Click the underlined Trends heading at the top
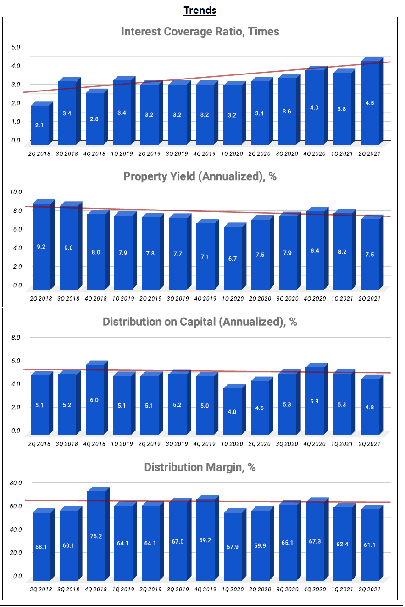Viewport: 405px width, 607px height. [200, 10]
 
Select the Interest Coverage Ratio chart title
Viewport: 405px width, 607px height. [200, 32]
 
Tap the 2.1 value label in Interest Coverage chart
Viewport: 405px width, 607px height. [39, 125]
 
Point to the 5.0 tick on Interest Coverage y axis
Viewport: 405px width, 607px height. [16, 47]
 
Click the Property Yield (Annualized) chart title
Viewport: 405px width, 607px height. [200, 176]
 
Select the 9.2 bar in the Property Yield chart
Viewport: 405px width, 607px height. [41, 246]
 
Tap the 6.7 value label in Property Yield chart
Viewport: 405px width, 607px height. [233, 259]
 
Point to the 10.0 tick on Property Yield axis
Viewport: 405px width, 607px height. [16, 192]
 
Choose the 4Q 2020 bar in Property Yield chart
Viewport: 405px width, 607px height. [315, 250]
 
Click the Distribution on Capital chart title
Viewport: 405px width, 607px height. [200, 322]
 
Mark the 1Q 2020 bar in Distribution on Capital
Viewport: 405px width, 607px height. [232, 412]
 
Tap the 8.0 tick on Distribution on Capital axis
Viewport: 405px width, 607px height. [16, 337]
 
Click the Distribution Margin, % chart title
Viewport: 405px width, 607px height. [200, 467]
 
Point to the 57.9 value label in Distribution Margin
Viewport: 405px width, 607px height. [233, 548]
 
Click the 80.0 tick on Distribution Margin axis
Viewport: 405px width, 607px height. [16, 483]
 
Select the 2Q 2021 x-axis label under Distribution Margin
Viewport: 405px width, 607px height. [369, 589]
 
